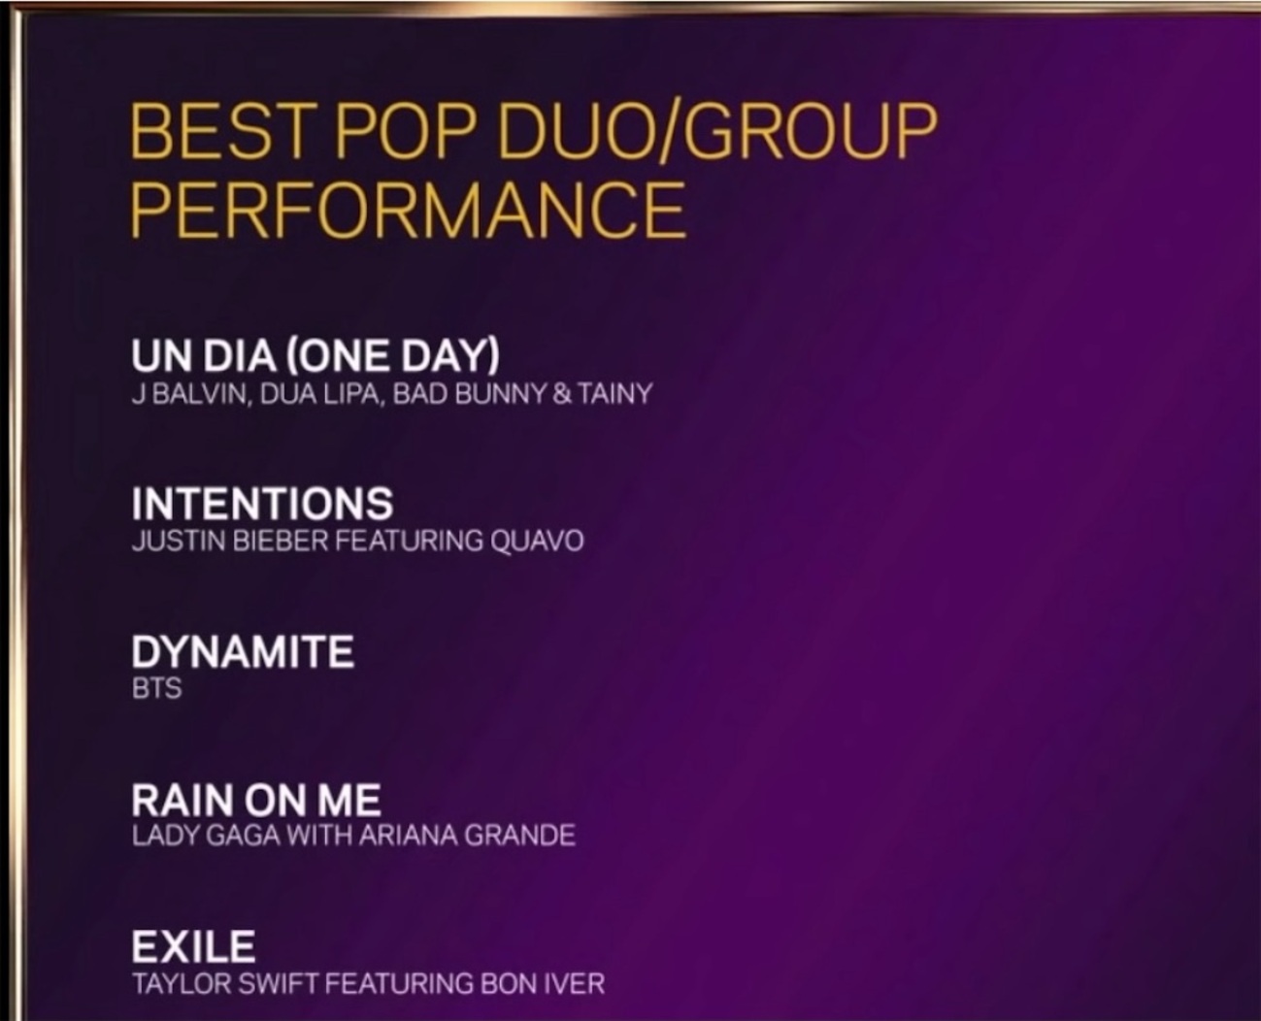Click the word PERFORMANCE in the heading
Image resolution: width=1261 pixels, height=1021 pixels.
(x=408, y=209)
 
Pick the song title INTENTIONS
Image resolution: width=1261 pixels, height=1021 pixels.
(x=262, y=504)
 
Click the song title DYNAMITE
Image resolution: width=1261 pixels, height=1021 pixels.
(x=243, y=651)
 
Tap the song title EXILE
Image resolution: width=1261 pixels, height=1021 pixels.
(x=193, y=946)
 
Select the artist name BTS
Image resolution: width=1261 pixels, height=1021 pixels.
(x=156, y=689)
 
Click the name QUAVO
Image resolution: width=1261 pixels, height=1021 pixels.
(x=537, y=542)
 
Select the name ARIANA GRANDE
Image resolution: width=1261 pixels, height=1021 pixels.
(x=467, y=836)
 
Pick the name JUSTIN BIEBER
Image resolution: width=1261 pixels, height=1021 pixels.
(x=230, y=542)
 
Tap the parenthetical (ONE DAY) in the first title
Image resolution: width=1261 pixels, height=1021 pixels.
(x=392, y=356)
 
